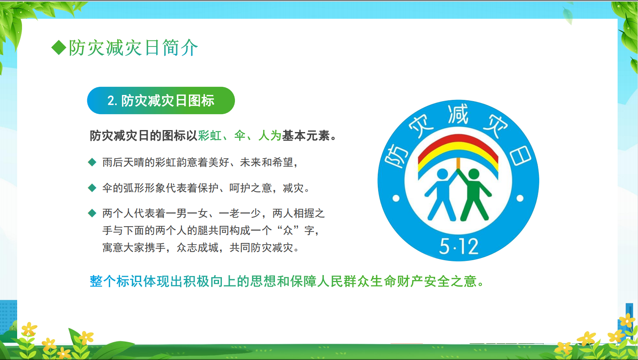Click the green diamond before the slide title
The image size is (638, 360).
(x=59, y=47)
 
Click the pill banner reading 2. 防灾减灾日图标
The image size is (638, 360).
(x=161, y=100)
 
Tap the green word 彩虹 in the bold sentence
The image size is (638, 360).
(x=210, y=135)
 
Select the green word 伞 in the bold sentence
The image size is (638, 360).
(x=240, y=135)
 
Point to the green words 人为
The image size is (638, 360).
(x=270, y=135)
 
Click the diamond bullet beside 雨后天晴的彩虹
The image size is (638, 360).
(x=92, y=162)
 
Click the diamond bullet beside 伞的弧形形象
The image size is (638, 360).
(x=92, y=188)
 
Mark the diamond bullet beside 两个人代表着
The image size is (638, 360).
(x=92, y=213)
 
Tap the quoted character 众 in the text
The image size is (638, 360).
(x=288, y=230)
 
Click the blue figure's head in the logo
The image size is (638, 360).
(x=442, y=174)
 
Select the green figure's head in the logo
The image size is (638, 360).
(x=474, y=174)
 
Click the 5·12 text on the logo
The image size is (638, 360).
(x=459, y=246)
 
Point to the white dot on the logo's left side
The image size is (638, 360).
(x=396, y=199)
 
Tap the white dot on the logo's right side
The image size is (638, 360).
(x=520, y=199)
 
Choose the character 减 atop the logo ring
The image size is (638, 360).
(x=458, y=115)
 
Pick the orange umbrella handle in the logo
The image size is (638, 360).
(x=458, y=163)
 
